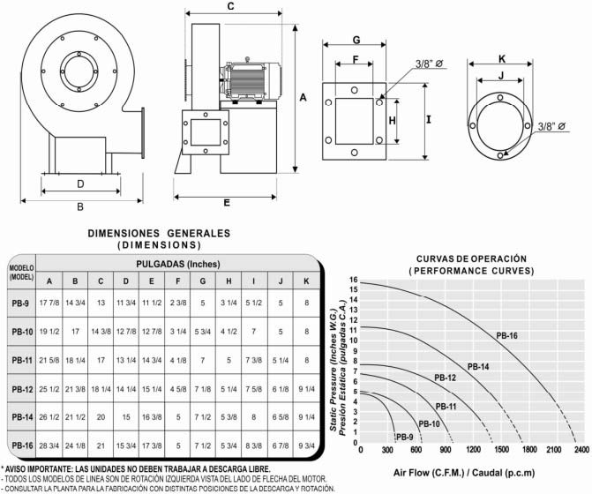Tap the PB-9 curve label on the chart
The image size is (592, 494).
pyautogui.click(x=405, y=437)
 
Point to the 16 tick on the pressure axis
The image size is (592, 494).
pyautogui.click(x=353, y=281)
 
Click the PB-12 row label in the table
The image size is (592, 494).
pyautogui.click(x=22, y=388)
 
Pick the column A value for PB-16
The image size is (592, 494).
pyautogui.click(x=49, y=445)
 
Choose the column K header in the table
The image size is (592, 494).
pyautogui.click(x=305, y=281)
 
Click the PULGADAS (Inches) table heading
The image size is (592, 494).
pyautogui.click(x=177, y=264)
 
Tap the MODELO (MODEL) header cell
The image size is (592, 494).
pyautogui.click(x=21, y=272)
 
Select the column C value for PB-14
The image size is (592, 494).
pyautogui.click(x=101, y=417)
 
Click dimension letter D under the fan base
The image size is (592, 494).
pyautogui.click(x=80, y=184)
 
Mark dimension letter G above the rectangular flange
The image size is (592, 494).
pyautogui.click(x=356, y=41)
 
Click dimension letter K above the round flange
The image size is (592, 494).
pyautogui.click(x=501, y=58)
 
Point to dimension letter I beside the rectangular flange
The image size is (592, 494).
pyautogui.click(x=427, y=116)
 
